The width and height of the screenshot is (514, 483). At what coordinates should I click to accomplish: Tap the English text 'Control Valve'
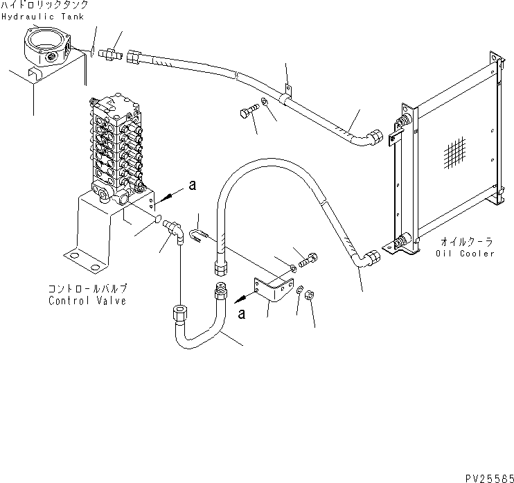pos(87,301)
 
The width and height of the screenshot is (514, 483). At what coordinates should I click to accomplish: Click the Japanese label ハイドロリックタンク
pos(44,5)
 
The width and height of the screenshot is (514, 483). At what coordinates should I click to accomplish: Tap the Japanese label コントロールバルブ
pos(87,289)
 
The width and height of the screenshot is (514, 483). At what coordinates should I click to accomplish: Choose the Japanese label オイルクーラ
pos(466,242)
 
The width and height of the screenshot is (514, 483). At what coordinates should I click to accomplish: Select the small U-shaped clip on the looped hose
pos(199,238)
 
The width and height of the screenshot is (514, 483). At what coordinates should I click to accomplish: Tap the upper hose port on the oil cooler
pos(401,127)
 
